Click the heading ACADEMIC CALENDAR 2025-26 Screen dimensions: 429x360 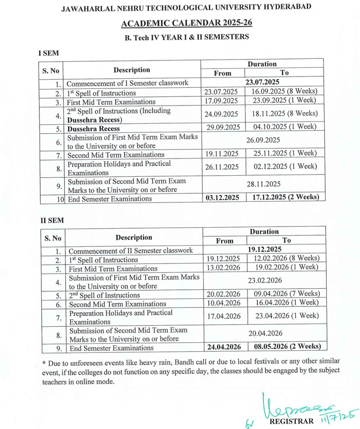[x=180, y=23]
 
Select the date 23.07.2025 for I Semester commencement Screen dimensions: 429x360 [x=262, y=83]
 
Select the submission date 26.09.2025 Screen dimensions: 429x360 [x=262, y=141]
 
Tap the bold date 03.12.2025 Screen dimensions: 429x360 [x=222, y=198]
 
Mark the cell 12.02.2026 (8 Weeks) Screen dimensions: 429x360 [x=287, y=259]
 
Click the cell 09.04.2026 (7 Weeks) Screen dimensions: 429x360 [x=287, y=294]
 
